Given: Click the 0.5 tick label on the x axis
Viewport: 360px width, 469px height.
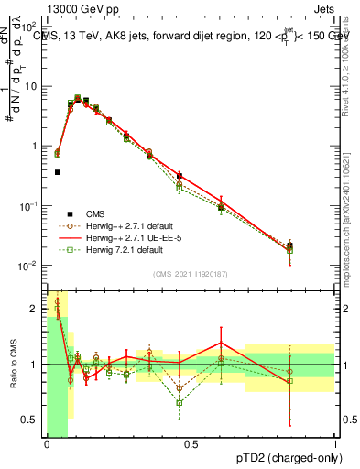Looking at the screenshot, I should pos(191,444).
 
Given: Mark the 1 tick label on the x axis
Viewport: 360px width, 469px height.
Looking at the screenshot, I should pos(335,444).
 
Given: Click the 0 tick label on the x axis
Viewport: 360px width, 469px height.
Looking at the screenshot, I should pos(47,444).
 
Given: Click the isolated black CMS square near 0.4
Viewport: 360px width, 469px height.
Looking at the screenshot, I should pos(57,171).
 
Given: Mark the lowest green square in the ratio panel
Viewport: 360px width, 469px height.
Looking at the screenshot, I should pos(180,402).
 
